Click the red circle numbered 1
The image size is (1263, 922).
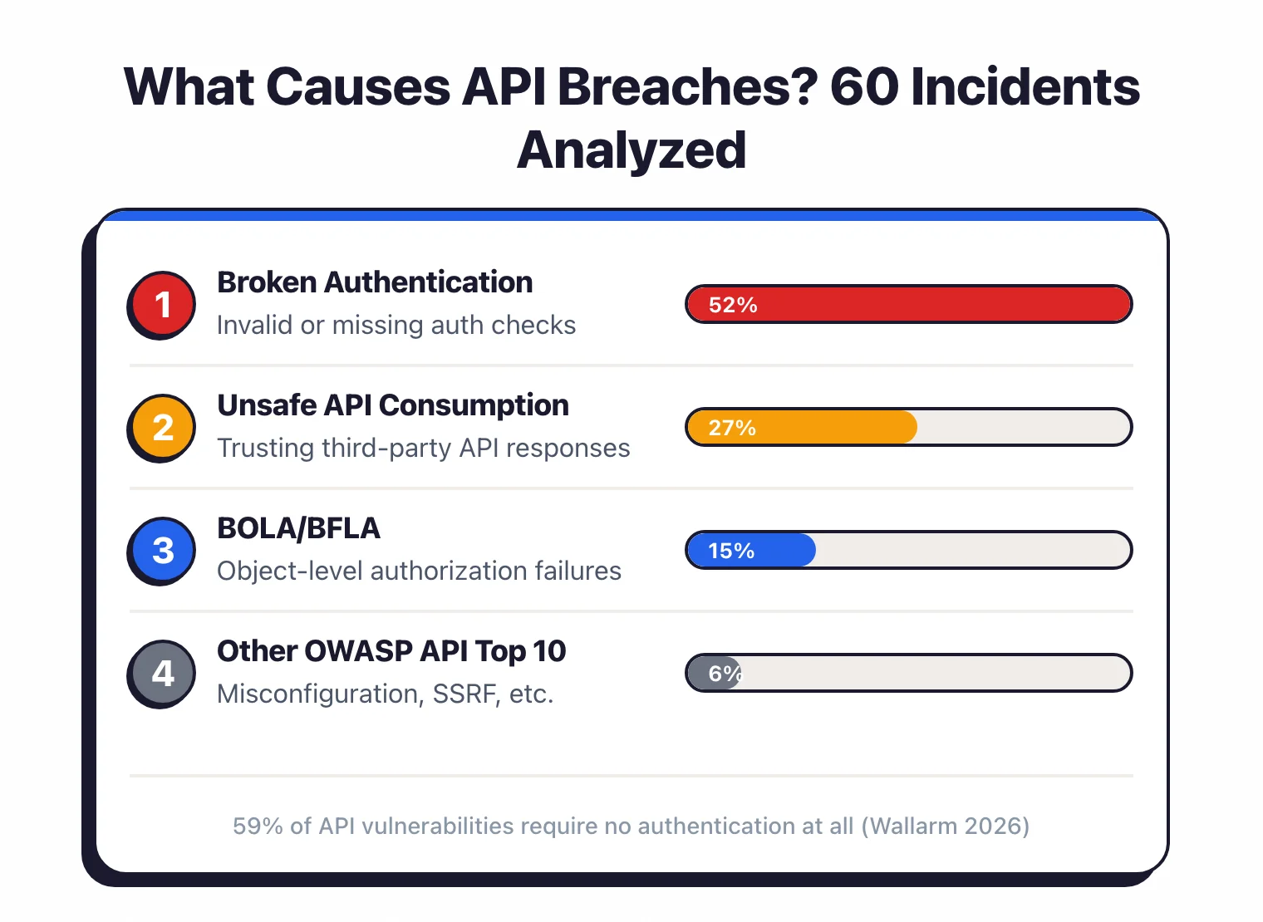(163, 305)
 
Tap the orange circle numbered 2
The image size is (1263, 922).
(163, 428)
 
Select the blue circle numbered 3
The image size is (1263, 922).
(163, 551)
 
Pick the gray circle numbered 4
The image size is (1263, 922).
(163, 674)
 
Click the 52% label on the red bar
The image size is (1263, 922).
(732, 305)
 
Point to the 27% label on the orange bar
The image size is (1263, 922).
(731, 428)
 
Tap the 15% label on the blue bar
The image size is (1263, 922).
(730, 551)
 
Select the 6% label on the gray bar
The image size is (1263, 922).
(725, 674)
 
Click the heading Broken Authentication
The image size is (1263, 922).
(375, 282)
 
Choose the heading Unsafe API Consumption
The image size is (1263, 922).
(393, 405)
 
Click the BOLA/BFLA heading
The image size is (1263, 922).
(298, 528)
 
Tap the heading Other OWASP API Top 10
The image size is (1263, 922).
(391, 651)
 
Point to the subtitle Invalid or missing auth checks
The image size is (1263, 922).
(396, 325)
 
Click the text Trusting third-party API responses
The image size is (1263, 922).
(424, 448)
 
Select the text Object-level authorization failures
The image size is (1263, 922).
(419, 571)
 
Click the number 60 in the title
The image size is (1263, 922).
(863, 86)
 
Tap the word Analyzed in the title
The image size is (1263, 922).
(631, 150)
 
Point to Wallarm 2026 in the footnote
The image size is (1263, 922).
(946, 826)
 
